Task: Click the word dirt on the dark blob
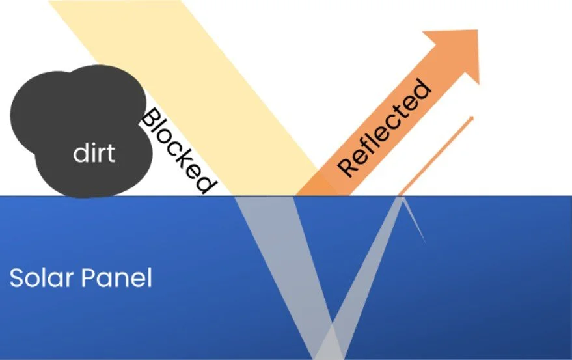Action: pyautogui.click(x=94, y=154)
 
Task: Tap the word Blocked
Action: pyautogui.click(x=178, y=150)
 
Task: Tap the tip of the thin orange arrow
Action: pyautogui.click(x=471, y=118)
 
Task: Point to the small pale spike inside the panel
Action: pyautogui.click(x=414, y=221)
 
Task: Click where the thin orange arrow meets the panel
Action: pyautogui.click(x=400, y=195)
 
